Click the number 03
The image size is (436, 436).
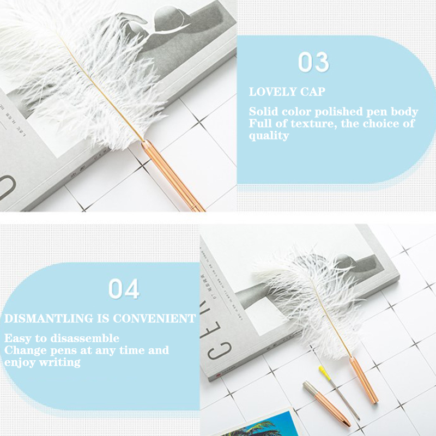(x=314, y=62)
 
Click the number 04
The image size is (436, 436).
(x=124, y=289)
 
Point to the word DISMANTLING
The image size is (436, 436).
(x=49, y=318)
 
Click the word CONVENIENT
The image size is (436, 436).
(x=154, y=318)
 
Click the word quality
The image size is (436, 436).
(x=269, y=136)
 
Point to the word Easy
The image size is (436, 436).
(x=18, y=338)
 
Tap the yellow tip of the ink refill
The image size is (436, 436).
(x=324, y=373)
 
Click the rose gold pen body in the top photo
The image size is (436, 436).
(x=172, y=175)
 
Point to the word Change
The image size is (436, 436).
(x=25, y=351)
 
